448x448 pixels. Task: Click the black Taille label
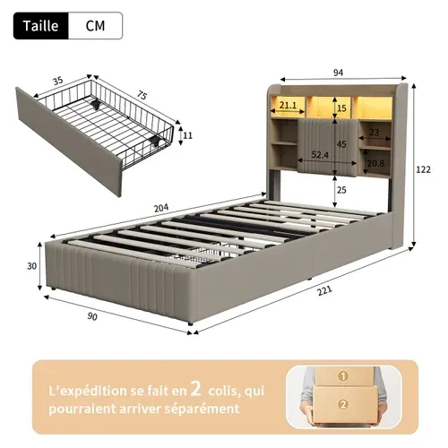[41, 26]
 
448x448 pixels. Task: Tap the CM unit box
[96, 26]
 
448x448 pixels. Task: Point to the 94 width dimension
[338, 73]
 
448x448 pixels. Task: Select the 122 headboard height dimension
[424, 169]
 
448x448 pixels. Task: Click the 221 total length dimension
[324, 290]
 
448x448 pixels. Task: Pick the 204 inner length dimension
[161, 208]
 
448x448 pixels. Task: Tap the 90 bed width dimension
[92, 316]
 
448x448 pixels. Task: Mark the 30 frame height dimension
[32, 266]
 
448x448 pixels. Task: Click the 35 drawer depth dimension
[58, 81]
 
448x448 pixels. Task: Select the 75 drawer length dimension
[142, 95]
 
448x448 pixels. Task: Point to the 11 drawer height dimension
[187, 135]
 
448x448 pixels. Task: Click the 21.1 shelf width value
[288, 105]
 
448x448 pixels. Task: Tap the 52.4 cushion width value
[320, 155]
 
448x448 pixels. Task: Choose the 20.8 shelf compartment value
[375, 163]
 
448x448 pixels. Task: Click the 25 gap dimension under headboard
[341, 190]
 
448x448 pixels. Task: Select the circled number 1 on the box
[343, 376]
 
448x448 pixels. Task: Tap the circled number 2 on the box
[343, 405]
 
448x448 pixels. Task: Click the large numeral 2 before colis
[196, 389]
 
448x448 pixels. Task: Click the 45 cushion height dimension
[341, 144]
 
